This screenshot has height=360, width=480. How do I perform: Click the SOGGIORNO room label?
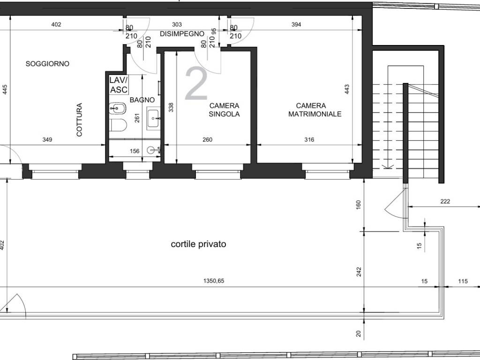(x=47, y=64)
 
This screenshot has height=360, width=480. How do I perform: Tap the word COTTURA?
(x=79, y=120)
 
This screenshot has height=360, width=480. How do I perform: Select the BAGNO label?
(x=142, y=100)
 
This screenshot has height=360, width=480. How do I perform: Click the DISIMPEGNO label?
(x=182, y=34)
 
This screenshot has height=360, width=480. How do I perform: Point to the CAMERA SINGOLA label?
(x=225, y=110)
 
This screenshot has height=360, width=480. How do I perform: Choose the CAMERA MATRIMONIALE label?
(x=315, y=110)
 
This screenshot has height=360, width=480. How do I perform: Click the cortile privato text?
(x=198, y=244)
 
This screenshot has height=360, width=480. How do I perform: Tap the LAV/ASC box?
(x=119, y=85)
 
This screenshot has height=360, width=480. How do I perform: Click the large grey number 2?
(x=196, y=83)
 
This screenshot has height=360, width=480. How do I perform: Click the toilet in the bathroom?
(x=118, y=125)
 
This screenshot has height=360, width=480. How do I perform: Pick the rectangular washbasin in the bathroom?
(x=153, y=118)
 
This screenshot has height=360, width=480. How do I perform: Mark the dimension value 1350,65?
(x=214, y=280)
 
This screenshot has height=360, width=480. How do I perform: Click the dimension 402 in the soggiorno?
(x=56, y=24)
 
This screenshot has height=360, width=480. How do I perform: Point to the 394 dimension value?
(x=296, y=24)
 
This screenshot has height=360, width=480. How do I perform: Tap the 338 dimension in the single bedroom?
(x=171, y=107)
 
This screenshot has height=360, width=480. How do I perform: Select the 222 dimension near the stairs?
(x=445, y=201)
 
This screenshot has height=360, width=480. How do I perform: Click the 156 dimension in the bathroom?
(x=135, y=151)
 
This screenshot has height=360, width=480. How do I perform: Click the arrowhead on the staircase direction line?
(x=388, y=166)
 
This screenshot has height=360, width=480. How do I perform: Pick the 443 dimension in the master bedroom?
(x=347, y=89)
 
